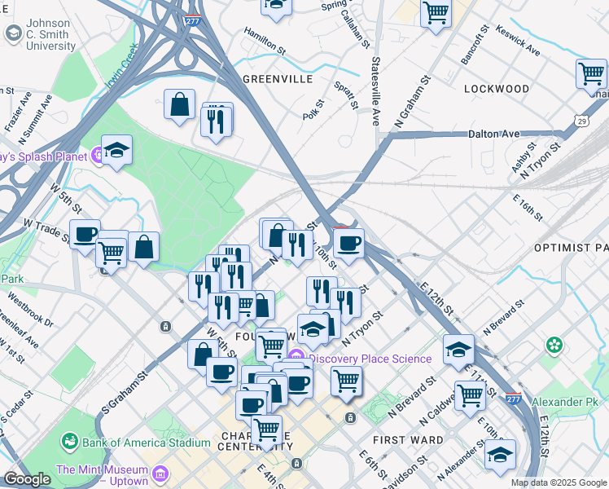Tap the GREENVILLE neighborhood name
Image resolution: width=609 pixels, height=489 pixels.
tap(278, 79)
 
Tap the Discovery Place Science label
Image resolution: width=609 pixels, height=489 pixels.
tap(370, 359)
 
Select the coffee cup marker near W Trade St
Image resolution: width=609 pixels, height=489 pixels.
tap(85, 234)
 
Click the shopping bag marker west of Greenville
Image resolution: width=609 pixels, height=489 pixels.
tap(179, 104)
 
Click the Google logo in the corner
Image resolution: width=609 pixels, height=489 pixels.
tap(27, 479)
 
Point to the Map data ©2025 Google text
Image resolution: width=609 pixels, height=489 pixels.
tap(558, 482)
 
